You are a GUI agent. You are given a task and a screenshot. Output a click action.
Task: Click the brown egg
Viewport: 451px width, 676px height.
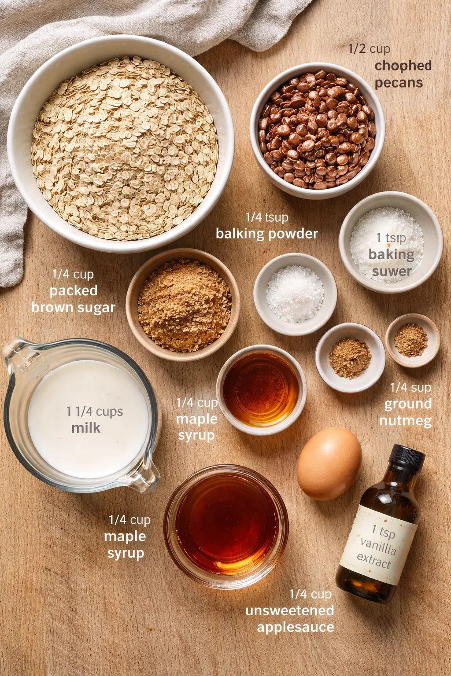[329, 463]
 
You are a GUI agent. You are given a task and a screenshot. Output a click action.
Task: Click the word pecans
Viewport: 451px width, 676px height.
[399, 83]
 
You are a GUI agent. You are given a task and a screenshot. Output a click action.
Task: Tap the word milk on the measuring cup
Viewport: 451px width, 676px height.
[86, 428]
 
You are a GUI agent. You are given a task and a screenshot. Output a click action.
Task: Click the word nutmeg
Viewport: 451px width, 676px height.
[405, 421]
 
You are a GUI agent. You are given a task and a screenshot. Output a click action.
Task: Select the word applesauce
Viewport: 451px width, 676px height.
[295, 627]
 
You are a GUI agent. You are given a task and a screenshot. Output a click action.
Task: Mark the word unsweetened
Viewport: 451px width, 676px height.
[289, 610]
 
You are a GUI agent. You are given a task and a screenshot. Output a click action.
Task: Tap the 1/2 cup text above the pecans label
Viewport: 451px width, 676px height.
[369, 48]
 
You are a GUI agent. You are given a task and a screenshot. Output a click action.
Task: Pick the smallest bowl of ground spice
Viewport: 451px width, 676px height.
[412, 340]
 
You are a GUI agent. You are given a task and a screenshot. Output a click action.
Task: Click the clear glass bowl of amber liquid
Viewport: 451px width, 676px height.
[226, 526]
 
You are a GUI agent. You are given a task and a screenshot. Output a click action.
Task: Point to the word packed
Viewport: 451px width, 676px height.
[74, 290]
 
